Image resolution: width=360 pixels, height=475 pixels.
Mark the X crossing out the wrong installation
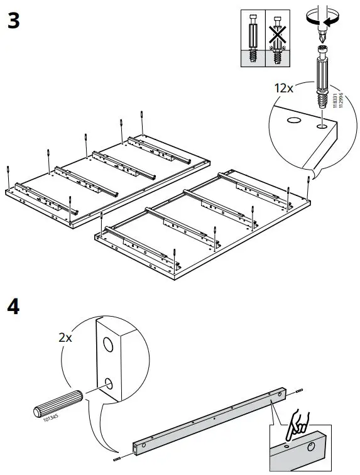click(x=277, y=38)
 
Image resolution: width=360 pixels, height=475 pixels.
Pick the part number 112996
click(x=341, y=99)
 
